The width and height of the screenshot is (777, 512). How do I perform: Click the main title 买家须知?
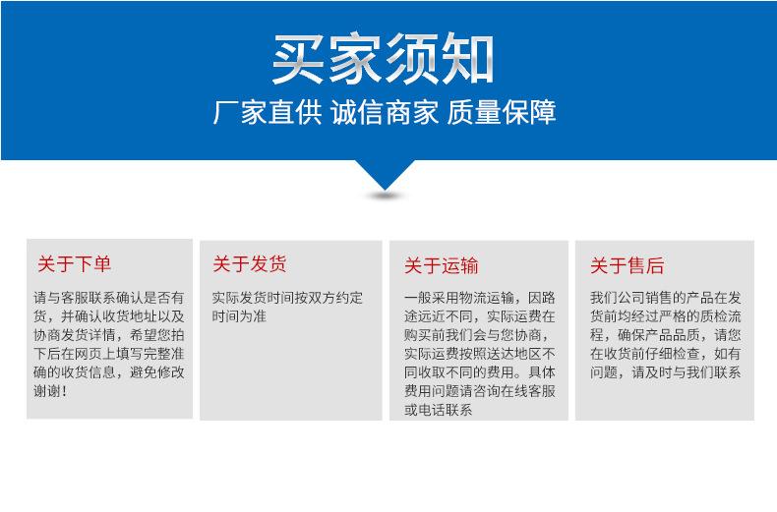coord(384,59)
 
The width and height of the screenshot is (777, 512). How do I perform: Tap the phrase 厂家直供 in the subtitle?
coord(268,113)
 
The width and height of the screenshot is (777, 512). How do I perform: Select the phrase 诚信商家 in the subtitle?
coord(385,113)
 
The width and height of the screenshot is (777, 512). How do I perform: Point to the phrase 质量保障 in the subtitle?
coord(502,113)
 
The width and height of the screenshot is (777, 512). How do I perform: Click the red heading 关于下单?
coord(75,264)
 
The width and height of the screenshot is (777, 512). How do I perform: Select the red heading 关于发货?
coord(250,264)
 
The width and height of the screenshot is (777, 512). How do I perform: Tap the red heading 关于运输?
coord(442,265)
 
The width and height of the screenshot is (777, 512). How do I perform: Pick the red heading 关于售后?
coord(627,265)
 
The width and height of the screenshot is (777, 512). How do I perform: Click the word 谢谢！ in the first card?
coord(51,391)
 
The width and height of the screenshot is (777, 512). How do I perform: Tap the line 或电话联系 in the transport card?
coord(438,410)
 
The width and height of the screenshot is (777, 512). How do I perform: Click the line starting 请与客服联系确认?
coord(109,298)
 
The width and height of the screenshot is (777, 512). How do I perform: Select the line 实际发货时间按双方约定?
coord(287,298)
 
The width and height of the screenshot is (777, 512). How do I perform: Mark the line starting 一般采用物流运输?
coord(479,298)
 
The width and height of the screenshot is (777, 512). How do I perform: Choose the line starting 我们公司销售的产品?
coord(665,298)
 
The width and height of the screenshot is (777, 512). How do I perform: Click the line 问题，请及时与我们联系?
coord(665,372)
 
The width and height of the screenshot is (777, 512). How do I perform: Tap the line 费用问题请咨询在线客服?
coord(479,391)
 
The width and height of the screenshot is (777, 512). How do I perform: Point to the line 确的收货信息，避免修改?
coord(109,372)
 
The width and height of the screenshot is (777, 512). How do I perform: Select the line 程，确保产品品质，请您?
coord(665,335)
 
